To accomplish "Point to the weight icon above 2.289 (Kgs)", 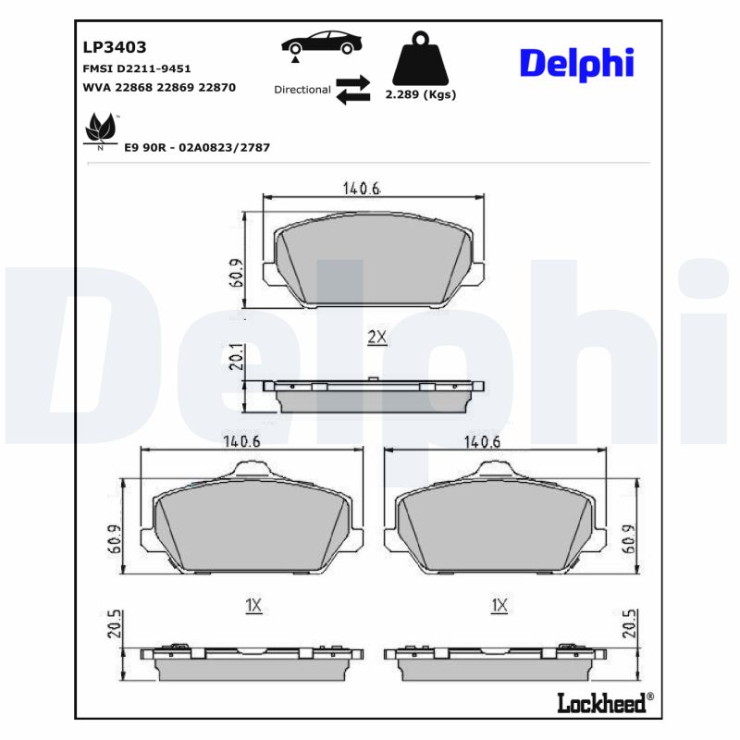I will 421,57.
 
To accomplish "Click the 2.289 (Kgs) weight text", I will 421,94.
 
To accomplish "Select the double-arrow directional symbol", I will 352,90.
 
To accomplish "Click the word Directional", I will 302,90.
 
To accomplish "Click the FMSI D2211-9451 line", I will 137,69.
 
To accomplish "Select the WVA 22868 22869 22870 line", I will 159,87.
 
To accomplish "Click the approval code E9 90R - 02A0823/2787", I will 196,147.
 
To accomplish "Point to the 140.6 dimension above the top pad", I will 362,189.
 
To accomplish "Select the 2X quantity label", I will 376,338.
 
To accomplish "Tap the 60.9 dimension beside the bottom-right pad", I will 630,537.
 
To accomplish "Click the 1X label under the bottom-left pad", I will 254,606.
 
